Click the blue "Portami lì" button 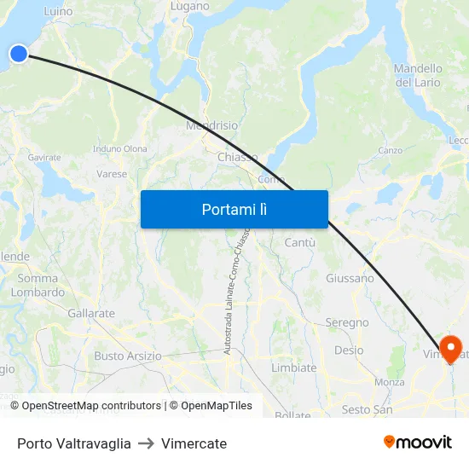(x=234, y=209)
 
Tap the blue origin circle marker (x=19, y=54)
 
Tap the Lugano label (x=189, y=6)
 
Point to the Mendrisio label (x=211, y=125)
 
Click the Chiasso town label (x=237, y=157)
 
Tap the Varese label (x=112, y=174)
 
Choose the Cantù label (x=299, y=243)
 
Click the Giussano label (x=350, y=278)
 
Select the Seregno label (x=347, y=322)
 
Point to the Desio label (x=349, y=350)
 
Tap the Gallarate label (x=91, y=313)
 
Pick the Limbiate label (x=293, y=368)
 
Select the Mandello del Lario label (x=418, y=75)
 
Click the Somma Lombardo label (x=38, y=285)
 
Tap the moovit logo (x=418, y=442)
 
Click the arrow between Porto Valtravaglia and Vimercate (x=146, y=443)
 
